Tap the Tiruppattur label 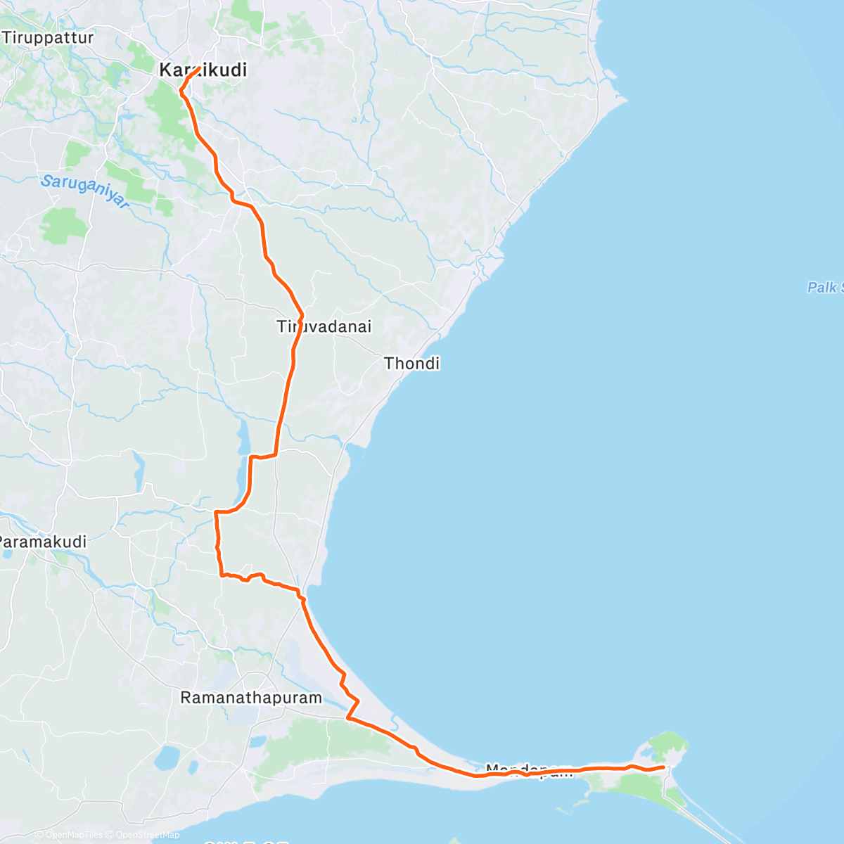click(x=48, y=38)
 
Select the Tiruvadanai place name click(x=324, y=327)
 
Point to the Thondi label click(x=412, y=364)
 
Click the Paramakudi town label click(x=42, y=542)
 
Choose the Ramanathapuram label click(x=251, y=698)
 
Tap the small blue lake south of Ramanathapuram click(x=167, y=757)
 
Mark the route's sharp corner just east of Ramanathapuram click(x=348, y=718)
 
